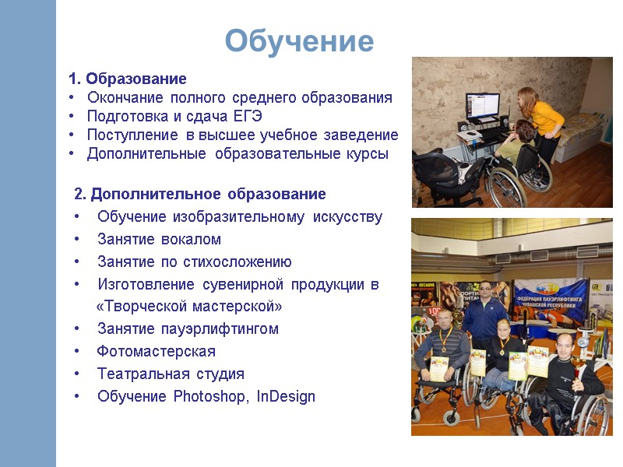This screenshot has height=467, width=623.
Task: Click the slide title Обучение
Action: pyautogui.click(x=300, y=41)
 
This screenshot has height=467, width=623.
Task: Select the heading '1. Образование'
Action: pyautogui.click(x=128, y=79)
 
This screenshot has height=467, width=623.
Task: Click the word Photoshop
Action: pyautogui.click(x=207, y=396)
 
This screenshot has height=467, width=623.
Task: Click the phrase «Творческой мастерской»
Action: pyautogui.click(x=189, y=306)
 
